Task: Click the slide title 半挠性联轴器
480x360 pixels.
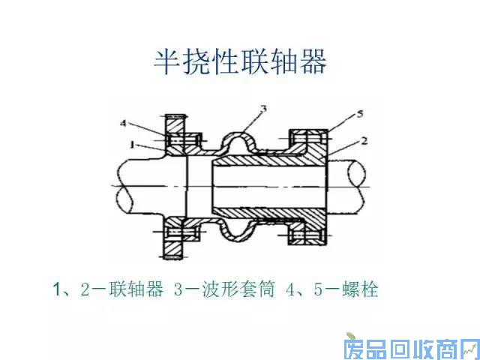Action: tap(240, 62)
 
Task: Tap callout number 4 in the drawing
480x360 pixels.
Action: tap(123, 123)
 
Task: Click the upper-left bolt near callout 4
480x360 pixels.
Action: tap(178, 139)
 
